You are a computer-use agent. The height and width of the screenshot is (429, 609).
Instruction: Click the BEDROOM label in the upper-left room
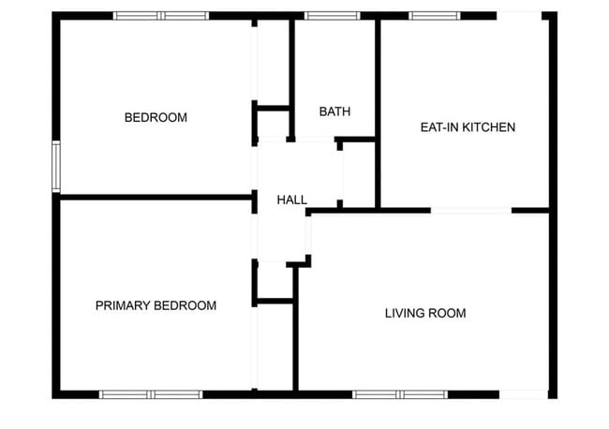coord(156,118)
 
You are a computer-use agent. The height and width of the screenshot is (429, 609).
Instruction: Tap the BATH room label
coord(334,111)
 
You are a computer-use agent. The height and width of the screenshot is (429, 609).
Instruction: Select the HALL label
coord(291,200)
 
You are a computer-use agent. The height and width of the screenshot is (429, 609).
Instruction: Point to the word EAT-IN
coord(438,126)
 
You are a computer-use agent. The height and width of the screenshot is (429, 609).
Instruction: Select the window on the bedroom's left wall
coord(56,166)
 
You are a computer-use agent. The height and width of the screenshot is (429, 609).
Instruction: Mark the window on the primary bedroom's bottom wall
coord(151,394)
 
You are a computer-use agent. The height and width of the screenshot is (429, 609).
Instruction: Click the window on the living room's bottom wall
coord(401,394)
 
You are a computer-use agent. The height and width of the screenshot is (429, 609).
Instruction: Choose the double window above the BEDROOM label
coord(160,15)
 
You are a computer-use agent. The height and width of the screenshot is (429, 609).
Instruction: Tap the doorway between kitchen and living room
coord(470,210)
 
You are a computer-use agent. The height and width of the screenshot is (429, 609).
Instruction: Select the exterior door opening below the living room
coord(523,394)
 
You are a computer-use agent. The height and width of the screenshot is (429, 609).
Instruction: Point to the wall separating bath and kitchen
coord(378,112)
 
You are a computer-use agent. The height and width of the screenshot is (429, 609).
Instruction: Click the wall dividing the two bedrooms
coord(155,197)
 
